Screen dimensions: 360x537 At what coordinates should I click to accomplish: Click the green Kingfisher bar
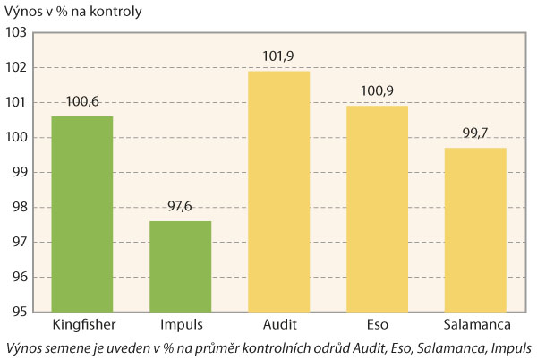click(x=82, y=214)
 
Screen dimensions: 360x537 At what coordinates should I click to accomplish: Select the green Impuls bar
click(x=181, y=266)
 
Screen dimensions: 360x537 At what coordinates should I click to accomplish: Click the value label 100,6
click(x=82, y=102)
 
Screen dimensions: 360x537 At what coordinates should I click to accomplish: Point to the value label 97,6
click(x=181, y=207)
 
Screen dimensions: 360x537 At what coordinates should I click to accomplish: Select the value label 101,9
click(x=279, y=56)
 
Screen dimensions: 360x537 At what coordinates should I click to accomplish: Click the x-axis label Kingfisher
click(x=82, y=323)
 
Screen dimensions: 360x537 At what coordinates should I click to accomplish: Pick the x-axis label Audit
click(x=279, y=323)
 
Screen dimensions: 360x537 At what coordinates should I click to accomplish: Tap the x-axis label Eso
click(x=378, y=323)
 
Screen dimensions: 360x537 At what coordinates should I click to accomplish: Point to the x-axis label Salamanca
click(x=476, y=323)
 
